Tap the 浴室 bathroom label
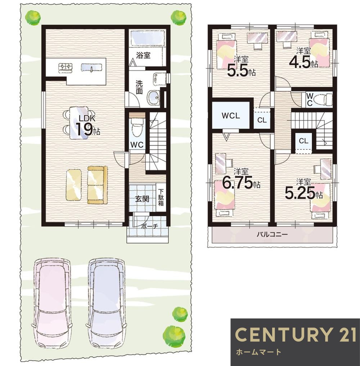click(143, 55)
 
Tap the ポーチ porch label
click(150, 226)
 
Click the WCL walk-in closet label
click(231, 116)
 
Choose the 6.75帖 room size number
click(241, 183)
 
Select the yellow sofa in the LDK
click(98, 185)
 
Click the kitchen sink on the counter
click(92, 67)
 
